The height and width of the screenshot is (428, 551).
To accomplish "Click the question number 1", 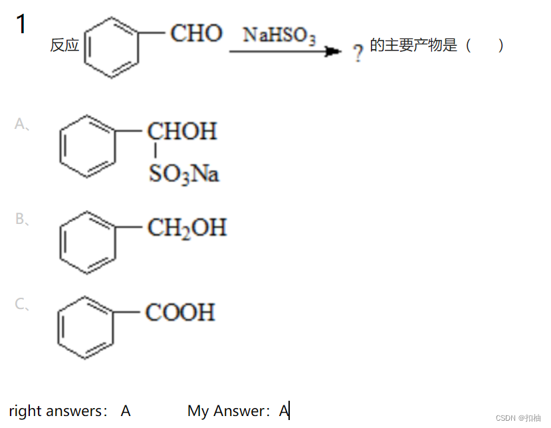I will click(21, 25).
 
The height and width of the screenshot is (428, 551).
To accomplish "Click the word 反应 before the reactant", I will click(64, 46).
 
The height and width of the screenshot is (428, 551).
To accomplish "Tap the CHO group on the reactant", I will click(196, 33).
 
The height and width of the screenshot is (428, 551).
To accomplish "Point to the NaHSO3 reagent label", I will click(279, 35).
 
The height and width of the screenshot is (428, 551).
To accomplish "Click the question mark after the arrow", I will click(358, 53).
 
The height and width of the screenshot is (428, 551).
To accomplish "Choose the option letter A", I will click(21, 124).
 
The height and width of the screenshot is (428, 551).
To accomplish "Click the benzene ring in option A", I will click(87, 147).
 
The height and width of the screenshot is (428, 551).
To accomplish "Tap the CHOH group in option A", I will click(182, 131).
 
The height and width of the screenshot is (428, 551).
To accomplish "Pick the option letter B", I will click(21, 219).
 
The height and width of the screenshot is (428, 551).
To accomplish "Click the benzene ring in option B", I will click(87, 243).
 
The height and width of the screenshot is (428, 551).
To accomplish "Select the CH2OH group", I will click(187, 229).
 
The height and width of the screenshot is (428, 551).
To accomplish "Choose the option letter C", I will click(21, 304).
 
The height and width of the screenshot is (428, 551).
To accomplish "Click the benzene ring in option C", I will click(86, 328).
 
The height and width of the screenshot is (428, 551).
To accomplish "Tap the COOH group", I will click(180, 312).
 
